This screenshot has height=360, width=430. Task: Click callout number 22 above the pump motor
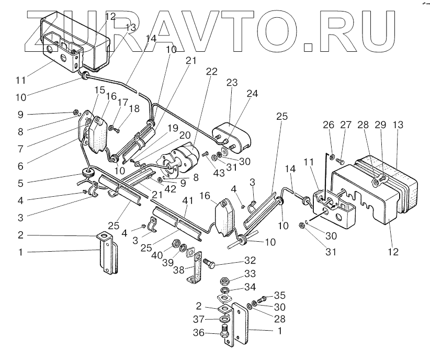point(212,72)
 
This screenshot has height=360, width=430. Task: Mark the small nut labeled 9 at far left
point(76,112)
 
